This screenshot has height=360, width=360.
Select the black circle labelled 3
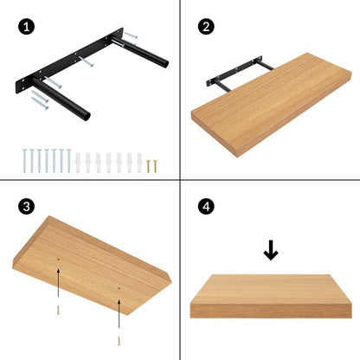(29, 207)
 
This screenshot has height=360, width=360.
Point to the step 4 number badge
(205, 207)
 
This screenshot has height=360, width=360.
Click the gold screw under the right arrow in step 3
(119, 335)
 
